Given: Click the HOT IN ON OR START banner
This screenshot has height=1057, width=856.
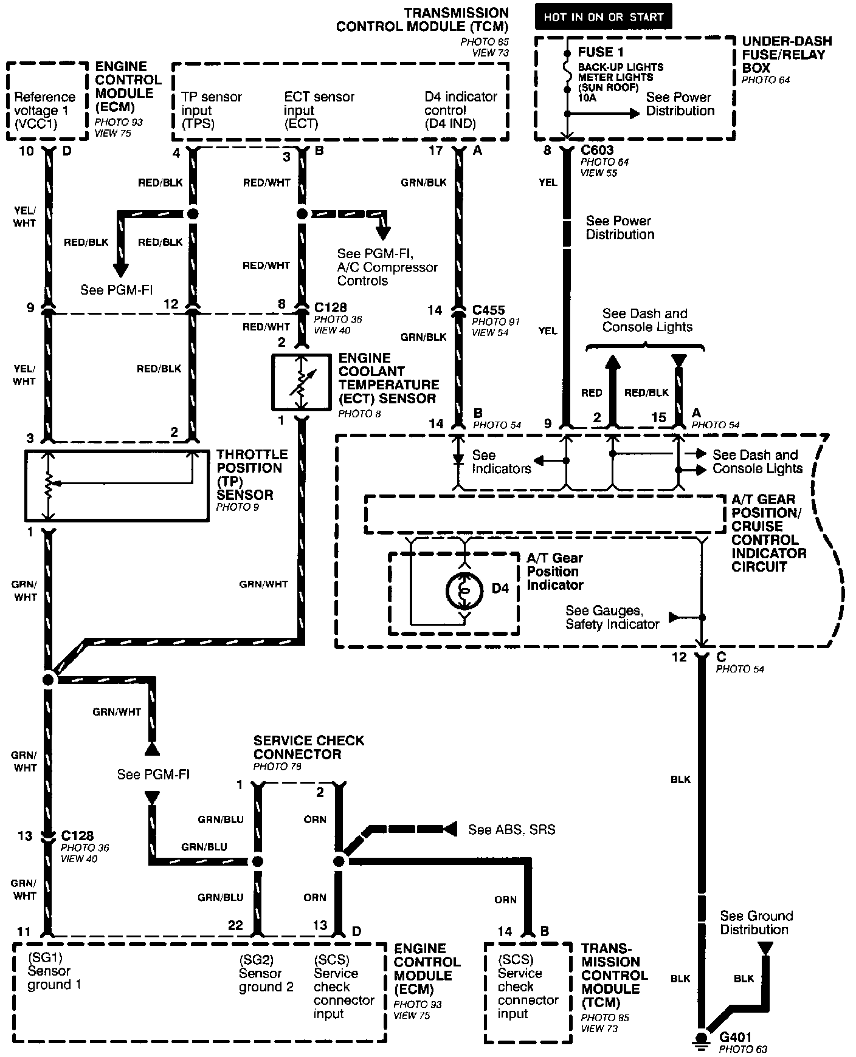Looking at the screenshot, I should [603, 17].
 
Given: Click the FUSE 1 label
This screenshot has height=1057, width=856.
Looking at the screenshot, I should [601, 52].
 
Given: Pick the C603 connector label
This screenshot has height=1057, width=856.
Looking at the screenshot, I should [597, 150].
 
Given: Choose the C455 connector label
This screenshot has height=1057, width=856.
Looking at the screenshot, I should [488, 310].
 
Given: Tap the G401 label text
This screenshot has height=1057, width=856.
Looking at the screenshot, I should [735, 1038].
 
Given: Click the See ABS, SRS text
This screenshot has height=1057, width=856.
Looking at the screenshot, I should [512, 829].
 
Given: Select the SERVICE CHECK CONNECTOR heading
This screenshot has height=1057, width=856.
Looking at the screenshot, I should [309, 747].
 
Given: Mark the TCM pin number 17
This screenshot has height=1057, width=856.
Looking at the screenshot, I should [435, 150].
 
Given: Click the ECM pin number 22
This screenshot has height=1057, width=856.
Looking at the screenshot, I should [235, 925].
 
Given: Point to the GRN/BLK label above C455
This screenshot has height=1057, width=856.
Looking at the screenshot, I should [424, 182].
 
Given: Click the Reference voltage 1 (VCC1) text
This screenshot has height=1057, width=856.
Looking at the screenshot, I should [44, 111].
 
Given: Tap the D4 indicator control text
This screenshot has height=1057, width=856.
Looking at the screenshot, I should [460, 110].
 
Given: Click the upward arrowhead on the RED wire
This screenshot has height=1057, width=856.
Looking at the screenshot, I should [612, 362].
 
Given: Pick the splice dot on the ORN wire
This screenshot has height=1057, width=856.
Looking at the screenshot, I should [339, 861].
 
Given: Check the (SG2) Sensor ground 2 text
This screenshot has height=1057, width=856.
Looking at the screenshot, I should [266, 974].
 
